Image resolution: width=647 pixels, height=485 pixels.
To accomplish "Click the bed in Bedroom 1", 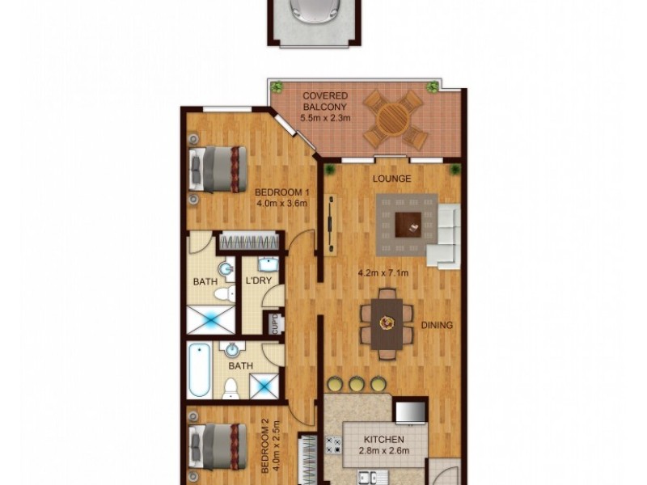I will tap(218, 168).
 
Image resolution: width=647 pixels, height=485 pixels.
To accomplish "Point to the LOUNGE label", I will tap(391, 179).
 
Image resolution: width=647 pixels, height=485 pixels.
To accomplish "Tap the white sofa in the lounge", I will tap(445, 237).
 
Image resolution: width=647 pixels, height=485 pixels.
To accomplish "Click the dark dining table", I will tap(387, 323).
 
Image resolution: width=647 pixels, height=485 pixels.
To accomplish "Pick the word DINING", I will tap(436, 326).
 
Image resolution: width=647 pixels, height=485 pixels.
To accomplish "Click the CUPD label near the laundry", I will tap(276, 324).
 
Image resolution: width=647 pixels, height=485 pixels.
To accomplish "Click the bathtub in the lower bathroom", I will tap(200, 371).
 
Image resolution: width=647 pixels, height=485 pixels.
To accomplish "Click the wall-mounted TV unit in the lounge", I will tap(330, 225).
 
